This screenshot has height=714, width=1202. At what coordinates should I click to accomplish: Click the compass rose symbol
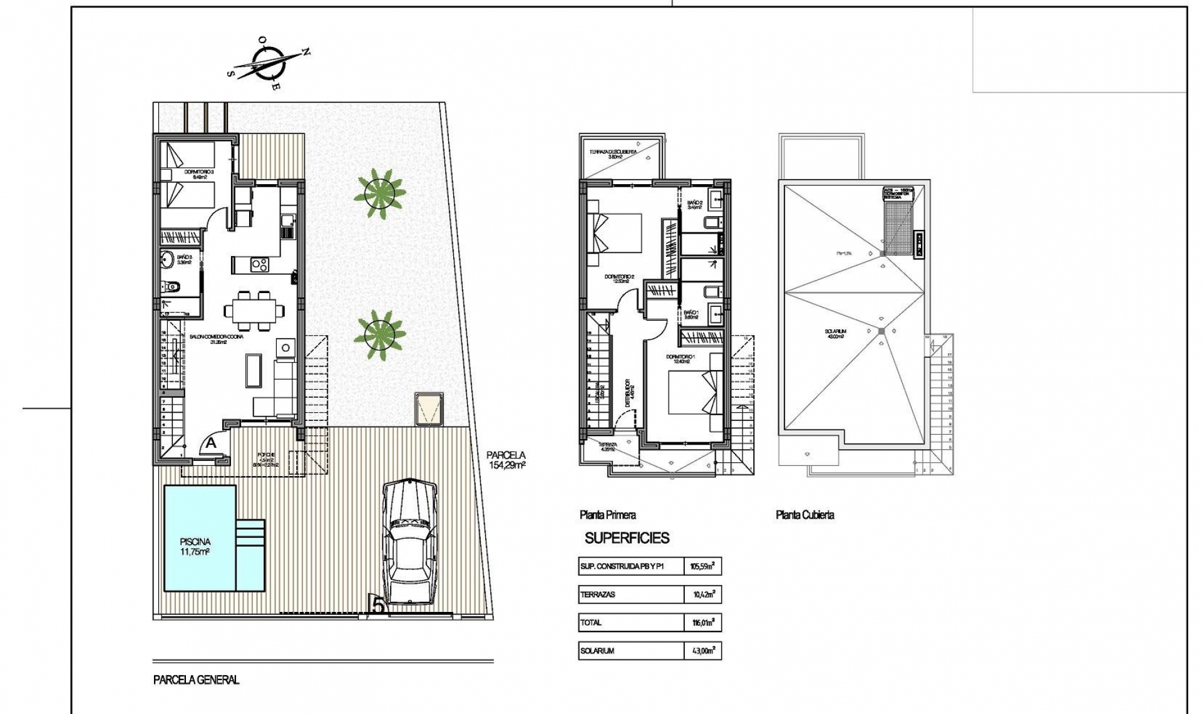coord(269,63)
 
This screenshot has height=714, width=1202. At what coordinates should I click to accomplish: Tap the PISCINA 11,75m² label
coord(195,546)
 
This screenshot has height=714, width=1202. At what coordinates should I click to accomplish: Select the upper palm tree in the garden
coord(379,193)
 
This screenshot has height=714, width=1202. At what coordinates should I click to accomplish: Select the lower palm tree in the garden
coord(379,336)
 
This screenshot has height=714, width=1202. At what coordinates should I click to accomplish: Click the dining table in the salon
coord(255,309)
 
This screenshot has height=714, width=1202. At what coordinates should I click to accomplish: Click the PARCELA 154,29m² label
coord(506,460)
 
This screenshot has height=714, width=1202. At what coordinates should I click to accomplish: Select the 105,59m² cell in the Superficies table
coord(702,567)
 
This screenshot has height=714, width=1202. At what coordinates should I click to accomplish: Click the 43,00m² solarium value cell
coord(702,651)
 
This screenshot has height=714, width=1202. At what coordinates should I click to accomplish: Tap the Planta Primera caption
coord(607,515)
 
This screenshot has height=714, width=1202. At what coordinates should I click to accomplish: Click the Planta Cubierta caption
coord(804,515)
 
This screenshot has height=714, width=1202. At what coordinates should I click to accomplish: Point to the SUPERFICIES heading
coord(627,538)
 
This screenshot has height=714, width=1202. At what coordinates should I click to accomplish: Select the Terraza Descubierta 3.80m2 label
coord(614,154)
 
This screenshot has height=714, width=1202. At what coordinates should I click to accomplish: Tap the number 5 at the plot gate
coord(378,605)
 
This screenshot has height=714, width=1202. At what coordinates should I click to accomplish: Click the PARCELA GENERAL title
coord(196,680)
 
